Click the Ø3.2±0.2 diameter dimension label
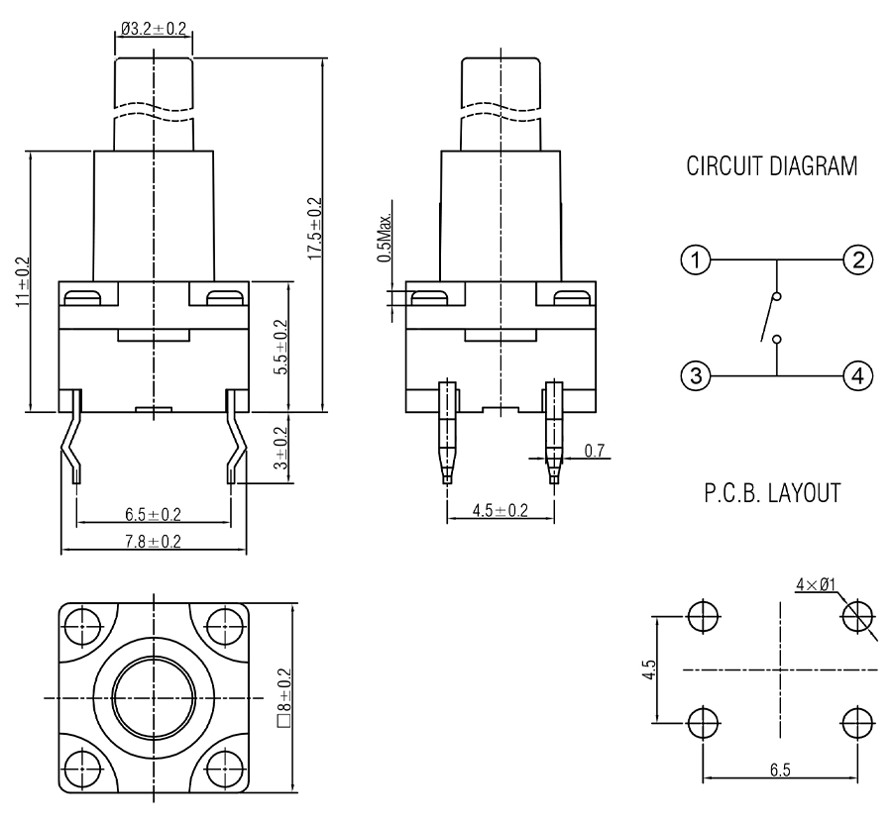155,30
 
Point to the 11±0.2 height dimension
22,282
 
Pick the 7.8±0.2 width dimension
153,541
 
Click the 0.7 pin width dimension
595,451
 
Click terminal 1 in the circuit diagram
697,260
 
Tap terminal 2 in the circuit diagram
856,260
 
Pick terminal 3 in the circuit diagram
697,376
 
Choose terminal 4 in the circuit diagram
856,376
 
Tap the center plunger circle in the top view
154,697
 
